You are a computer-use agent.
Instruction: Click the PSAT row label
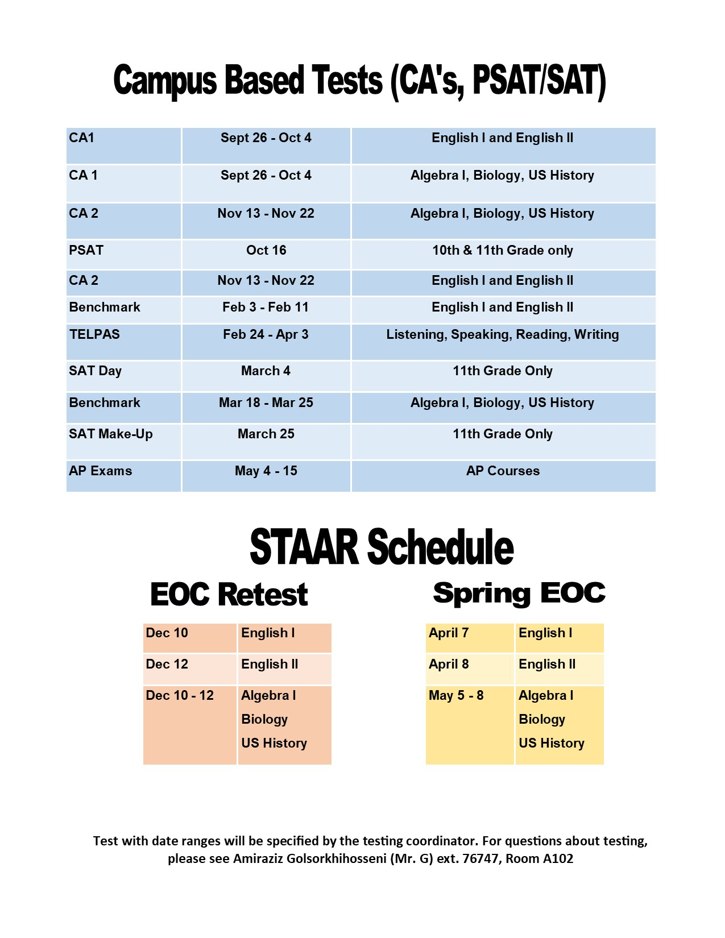click(86, 250)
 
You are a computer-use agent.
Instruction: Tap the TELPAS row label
click(94, 334)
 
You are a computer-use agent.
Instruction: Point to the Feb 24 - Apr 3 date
click(266, 334)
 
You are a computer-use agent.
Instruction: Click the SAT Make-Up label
click(111, 434)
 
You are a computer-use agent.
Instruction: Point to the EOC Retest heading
click(229, 595)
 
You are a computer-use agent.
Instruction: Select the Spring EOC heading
click(519, 593)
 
